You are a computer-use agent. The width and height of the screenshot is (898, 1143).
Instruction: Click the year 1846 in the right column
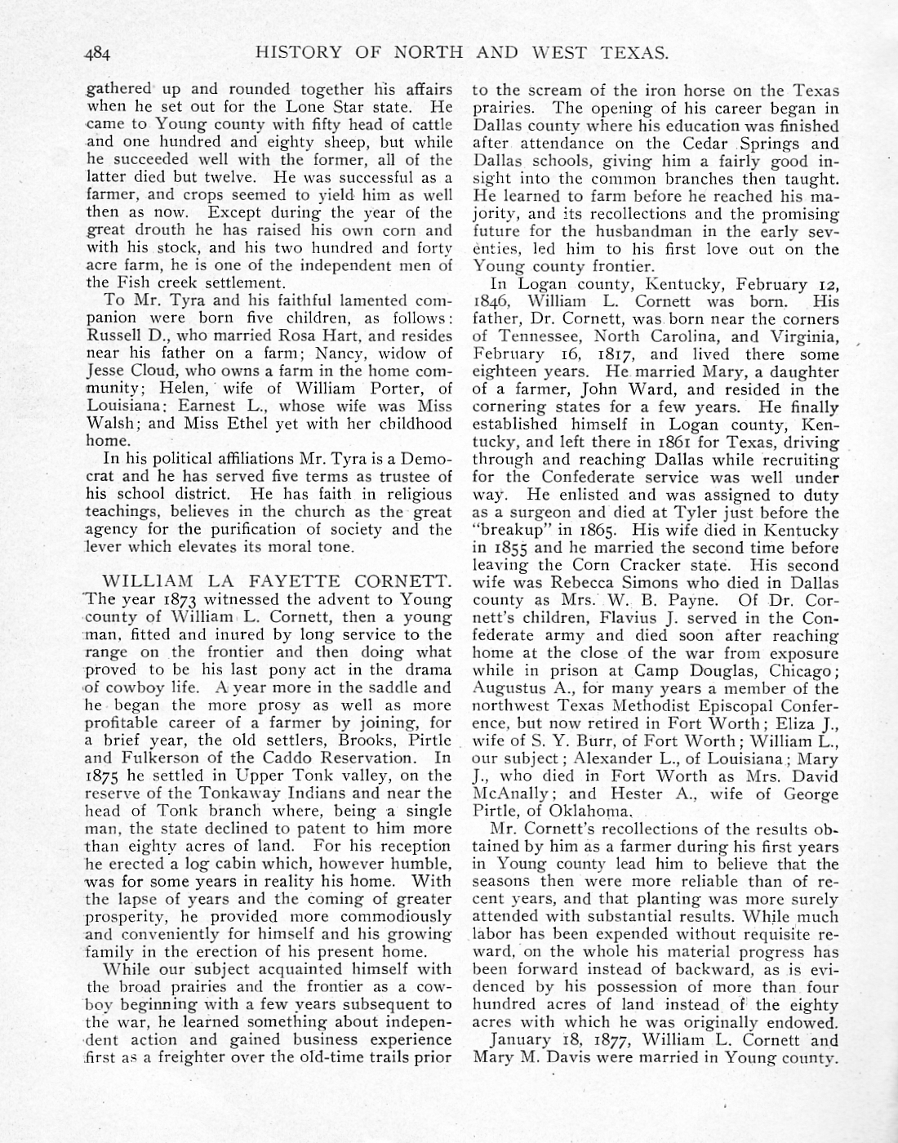(491, 301)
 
